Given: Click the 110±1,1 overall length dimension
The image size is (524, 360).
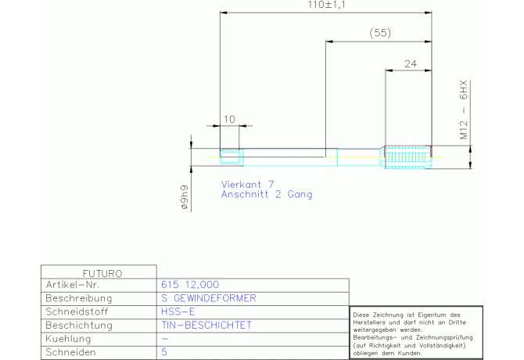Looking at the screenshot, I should [x=327, y=5].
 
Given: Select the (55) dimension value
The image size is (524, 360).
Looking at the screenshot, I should [x=379, y=33].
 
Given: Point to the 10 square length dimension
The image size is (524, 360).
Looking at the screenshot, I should [x=229, y=119].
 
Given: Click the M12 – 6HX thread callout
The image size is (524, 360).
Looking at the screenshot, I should [x=463, y=110].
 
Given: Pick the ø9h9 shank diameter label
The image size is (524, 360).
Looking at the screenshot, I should [x=185, y=196].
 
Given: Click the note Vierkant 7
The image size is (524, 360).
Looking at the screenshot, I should [x=247, y=184].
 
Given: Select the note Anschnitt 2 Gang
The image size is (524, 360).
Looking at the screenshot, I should [x=266, y=194].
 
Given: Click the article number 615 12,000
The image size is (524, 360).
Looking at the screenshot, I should [x=190, y=285].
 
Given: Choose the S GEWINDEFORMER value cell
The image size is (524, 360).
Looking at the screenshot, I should [x=207, y=298].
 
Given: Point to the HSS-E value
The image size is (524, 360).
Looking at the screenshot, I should [x=176, y=311].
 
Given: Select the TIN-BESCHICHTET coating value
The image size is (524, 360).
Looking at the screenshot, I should [x=206, y=325].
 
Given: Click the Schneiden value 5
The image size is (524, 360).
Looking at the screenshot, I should [x=163, y=352].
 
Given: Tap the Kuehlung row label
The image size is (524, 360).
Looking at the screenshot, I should [x=69, y=339].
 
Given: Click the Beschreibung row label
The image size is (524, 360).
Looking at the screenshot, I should [x=79, y=298].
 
